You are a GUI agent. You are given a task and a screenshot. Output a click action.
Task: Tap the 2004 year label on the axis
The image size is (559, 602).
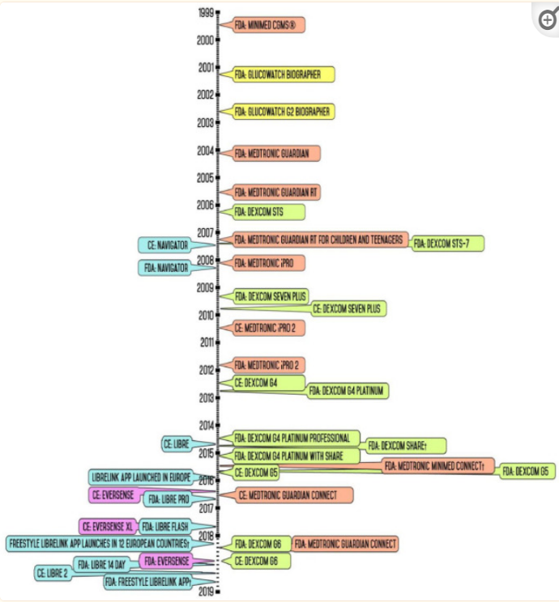[x=206, y=150]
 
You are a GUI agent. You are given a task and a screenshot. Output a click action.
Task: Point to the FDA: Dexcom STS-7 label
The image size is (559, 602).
[x=448, y=243]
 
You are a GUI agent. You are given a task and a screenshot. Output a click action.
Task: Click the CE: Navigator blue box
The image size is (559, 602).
[x=168, y=243]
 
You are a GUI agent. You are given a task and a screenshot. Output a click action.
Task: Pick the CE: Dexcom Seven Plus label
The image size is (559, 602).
[x=349, y=308]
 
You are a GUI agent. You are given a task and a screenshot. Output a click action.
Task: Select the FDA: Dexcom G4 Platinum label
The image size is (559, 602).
[x=347, y=391]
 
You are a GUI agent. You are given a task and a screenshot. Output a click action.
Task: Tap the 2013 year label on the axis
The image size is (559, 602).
[x=206, y=398]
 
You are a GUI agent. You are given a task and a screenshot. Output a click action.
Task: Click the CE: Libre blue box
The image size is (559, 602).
[x=177, y=443]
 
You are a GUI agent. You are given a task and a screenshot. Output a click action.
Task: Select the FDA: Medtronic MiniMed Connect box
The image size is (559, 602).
[x=438, y=466]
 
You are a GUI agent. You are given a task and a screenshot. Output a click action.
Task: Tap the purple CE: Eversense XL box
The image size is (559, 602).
[x=106, y=526]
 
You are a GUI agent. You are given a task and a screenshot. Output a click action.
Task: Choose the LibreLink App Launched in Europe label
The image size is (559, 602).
[x=140, y=477]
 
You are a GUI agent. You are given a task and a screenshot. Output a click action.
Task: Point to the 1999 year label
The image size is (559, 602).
[x=206, y=12]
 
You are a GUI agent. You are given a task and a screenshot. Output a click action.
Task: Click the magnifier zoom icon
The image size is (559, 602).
[x=548, y=21]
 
